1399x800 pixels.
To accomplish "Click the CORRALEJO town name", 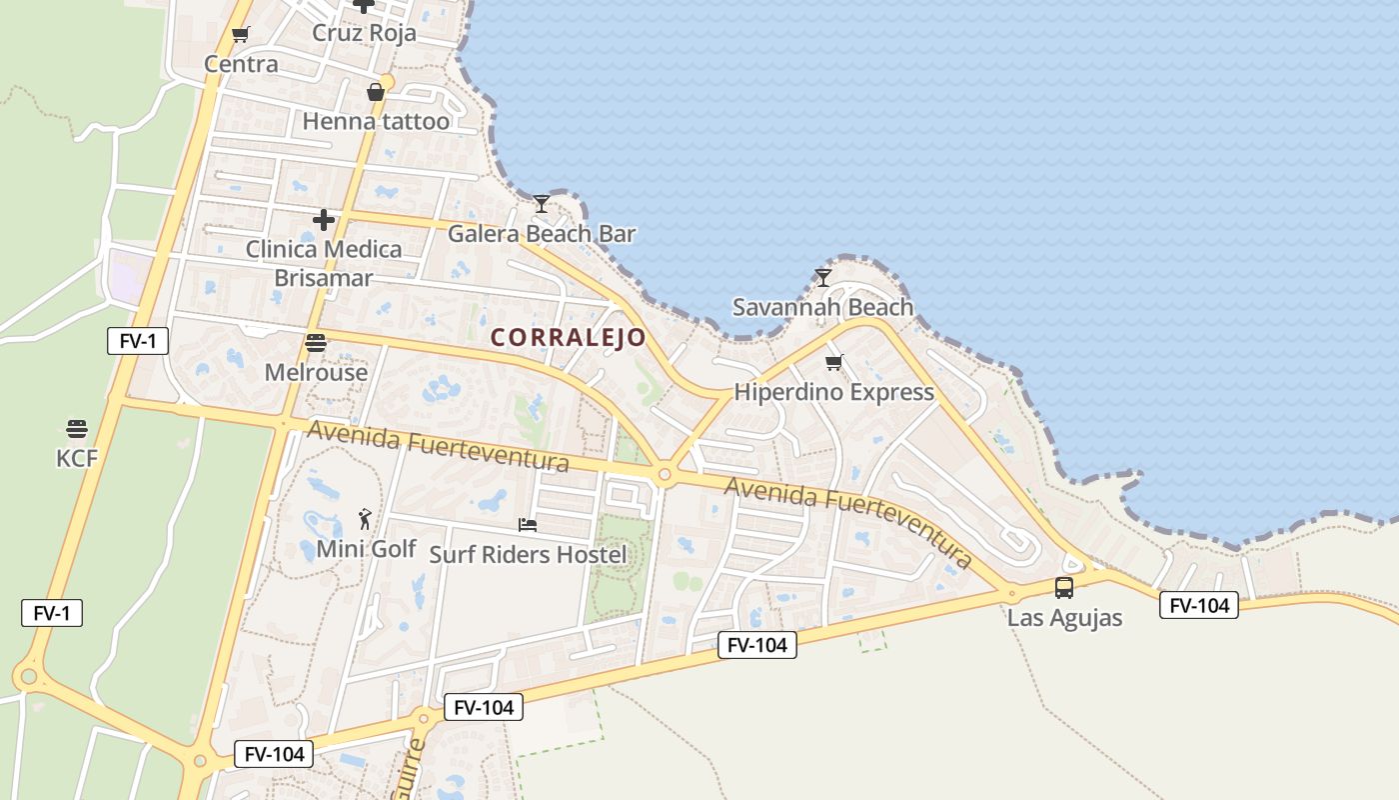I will pos(569,338).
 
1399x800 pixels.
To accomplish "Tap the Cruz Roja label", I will pos(364,33).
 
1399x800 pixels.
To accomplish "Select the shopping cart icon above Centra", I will pos(240,35).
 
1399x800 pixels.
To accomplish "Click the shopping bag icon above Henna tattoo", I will pos(376,92).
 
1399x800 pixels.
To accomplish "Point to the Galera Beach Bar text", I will pos(541,234).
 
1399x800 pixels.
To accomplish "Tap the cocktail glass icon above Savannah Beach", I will pos(823,277).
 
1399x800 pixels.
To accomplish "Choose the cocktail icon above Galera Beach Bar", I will pos(541,204).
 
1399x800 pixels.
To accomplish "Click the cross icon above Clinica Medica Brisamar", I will pos(324,219).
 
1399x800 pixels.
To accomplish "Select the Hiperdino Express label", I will pos(833,392).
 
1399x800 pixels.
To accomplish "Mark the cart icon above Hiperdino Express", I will pos(833,362).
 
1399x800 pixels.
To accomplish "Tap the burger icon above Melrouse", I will pos(316,343).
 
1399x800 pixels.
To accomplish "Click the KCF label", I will pos(77,459).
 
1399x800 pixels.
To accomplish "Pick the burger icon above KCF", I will pos(77,429).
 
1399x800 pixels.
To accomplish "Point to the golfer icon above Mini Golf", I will pos(366,519).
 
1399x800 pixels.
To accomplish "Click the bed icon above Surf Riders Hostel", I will pos(528,524).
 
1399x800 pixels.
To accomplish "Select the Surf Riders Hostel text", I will pos(528,554).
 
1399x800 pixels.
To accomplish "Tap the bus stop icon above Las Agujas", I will pos(1064,588).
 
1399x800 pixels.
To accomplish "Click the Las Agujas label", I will pos(1064,618).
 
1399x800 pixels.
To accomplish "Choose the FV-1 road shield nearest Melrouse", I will pos(138,341).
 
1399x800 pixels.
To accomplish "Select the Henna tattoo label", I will pos(376,122).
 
